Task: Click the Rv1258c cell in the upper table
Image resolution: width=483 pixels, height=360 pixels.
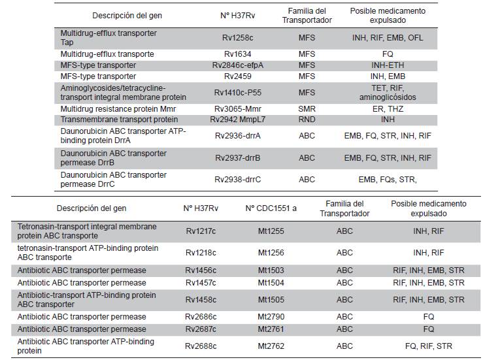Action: [238, 38]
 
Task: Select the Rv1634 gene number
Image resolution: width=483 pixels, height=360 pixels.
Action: [238, 54]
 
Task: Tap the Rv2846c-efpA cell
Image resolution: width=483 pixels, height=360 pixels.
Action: [238, 65]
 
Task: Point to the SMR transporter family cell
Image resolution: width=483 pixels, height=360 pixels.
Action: [307, 108]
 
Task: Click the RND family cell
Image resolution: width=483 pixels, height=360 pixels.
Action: [307, 120]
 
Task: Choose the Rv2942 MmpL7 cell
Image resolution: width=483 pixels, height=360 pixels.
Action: [238, 120]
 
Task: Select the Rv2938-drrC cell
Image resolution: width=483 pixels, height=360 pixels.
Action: [238, 179]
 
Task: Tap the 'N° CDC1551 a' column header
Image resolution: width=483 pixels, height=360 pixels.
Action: [271, 208]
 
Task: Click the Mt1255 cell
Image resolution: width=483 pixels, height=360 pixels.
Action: [271, 231]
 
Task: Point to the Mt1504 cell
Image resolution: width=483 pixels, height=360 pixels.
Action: [271, 283]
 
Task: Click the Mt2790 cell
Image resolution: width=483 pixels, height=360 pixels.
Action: [271, 317]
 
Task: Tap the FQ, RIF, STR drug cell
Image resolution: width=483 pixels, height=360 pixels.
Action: [428, 346]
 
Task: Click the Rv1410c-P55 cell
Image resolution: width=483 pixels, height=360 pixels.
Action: [238, 92]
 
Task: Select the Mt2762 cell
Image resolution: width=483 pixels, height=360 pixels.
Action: [271, 346]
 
